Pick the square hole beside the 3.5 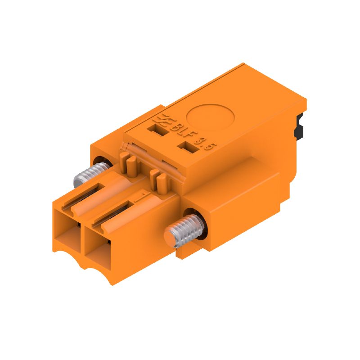coord(184,147)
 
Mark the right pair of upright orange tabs coord(158,180)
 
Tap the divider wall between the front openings coord(81,238)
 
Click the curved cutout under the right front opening coord(97,272)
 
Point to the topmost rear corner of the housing coord(243,64)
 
